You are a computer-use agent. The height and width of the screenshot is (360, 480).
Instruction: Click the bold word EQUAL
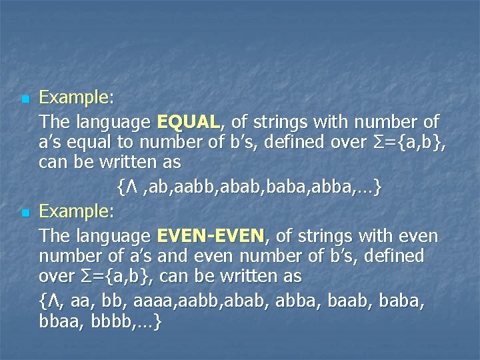[x=189, y=122]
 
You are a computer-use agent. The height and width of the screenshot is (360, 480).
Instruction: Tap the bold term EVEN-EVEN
[x=211, y=236]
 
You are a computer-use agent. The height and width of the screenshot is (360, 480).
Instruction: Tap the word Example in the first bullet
[x=73, y=98]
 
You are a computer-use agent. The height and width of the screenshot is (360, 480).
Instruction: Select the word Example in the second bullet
[x=73, y=212]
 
